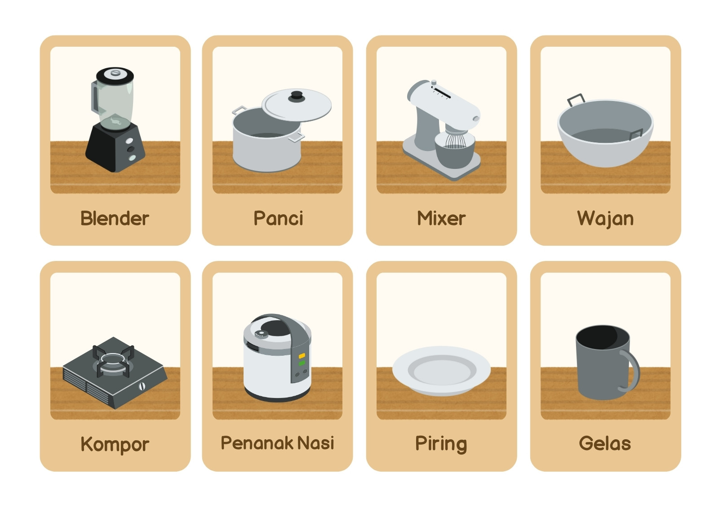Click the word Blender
click(115, 218)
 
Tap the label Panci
click(278, 218)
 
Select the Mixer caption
click(441, 218)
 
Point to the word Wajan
click(605, 219)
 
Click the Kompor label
click(115, 445)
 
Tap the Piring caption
click(441, 445)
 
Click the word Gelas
click(605, 443)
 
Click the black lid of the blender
click(115, 76)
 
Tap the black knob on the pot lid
click(296, 97)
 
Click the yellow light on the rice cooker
click(302, 356)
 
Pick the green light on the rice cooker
click(302, 363)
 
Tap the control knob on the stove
click(142, 386)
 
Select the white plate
click(441, 371)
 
